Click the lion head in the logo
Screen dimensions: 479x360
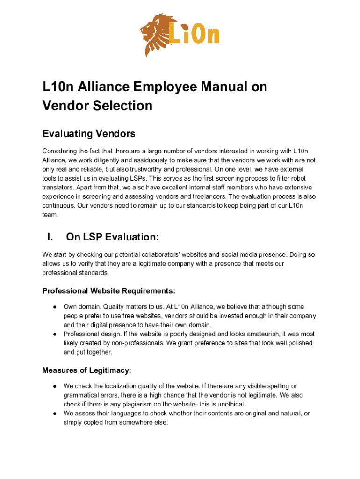(x=156, y=34)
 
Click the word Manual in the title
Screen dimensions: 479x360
(x=207, y=87)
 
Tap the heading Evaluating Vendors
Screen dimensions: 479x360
(x=89, y=134)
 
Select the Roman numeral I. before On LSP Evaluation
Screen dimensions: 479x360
(x=50, y=237)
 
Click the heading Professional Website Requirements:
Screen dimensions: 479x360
(x=109, y=291)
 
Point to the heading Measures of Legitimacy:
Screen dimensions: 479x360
(x=86, y=370)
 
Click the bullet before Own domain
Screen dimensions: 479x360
(x=55, y=307)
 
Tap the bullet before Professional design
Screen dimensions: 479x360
(x=55, y=334)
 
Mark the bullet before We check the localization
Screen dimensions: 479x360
(x=55, y=386)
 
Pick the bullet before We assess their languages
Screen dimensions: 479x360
(x=55, y=413)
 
